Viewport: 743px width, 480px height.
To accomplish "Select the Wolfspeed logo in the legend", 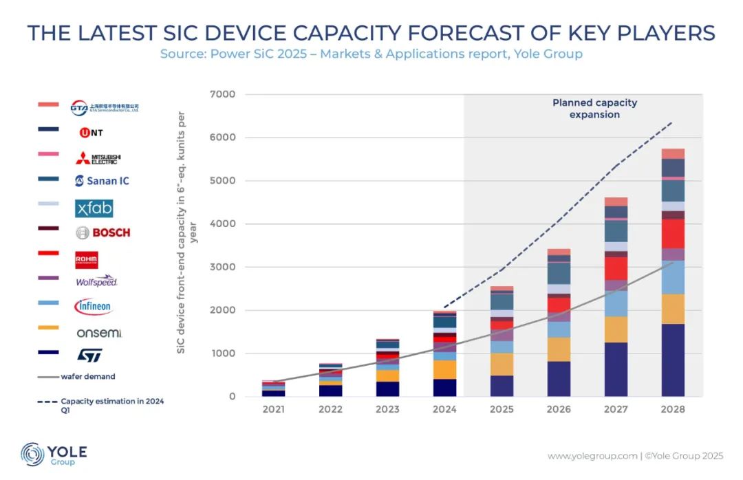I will click(x=97, y=281).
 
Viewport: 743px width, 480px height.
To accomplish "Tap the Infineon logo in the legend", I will click(x=93, y=307).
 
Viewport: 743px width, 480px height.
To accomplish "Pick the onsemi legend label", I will click(x=99, y=333).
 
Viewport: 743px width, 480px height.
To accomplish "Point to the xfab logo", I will click(x=94, y=208).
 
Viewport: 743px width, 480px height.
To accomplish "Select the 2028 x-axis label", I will click(x=673, y=410).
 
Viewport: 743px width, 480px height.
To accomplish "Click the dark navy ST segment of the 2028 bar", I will click(x=673, y=360).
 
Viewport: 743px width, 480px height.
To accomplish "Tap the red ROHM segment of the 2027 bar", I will click(x=616, y=268).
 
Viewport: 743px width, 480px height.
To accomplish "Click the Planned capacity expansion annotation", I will click(x=594, y=109).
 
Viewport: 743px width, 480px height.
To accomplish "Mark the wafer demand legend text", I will click(x=88, y=376).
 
